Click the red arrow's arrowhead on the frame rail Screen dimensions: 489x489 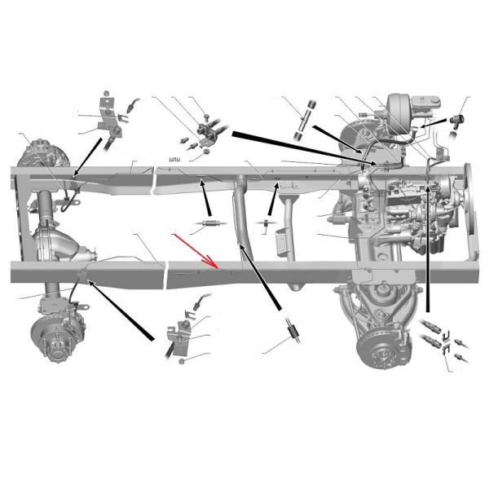216,266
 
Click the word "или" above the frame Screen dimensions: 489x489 173,161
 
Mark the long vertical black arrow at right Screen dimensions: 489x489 428,244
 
